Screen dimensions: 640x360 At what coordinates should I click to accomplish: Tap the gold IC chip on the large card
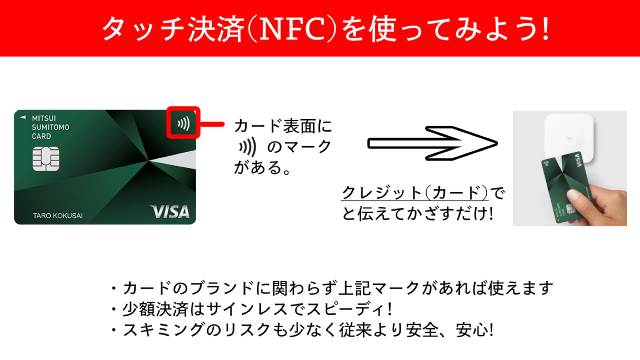46,159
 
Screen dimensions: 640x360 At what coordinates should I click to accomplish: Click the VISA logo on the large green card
170,212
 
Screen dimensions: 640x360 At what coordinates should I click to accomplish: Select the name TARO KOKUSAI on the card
58,216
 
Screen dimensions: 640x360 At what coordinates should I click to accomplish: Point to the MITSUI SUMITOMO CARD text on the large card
50,127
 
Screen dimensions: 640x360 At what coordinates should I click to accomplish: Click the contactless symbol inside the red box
184,123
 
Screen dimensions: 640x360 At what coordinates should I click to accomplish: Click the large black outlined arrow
432,143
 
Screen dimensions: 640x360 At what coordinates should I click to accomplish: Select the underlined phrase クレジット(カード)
415,192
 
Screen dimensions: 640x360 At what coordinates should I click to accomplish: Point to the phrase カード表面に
283,126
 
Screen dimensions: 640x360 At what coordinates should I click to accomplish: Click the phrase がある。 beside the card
262,167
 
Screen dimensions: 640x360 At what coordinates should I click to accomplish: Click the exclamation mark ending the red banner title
546,29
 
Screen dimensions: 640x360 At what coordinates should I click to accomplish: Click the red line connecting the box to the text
212,124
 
